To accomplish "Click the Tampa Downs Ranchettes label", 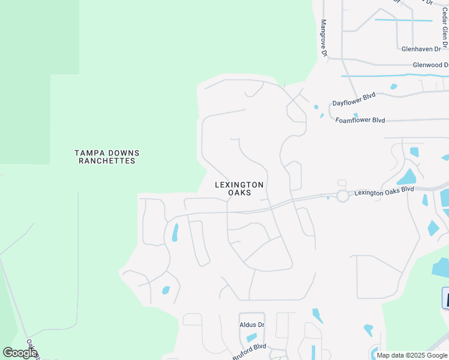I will click(x=106, y=157).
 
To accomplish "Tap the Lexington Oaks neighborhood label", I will click(x=239, y=188).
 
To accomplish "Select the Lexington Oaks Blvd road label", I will click(x=384, y=191).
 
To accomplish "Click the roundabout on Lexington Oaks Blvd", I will click(x=343, y=196).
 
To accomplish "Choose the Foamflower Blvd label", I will click(x=360, y=120).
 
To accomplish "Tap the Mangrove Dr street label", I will click(x=324, y=38).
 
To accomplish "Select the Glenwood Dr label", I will click(x=430, y=65).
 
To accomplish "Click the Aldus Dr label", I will click(x=252, y=325).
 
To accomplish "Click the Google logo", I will click(x=19, y=353).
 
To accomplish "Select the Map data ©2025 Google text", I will click(x=412, y=355).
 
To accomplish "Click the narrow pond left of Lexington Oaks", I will click(x=175, y=232).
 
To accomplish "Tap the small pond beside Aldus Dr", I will click(x=252, y=338).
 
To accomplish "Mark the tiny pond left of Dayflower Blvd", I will click(x=316, y=107).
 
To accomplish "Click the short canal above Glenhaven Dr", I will click(x=403, y=20).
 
